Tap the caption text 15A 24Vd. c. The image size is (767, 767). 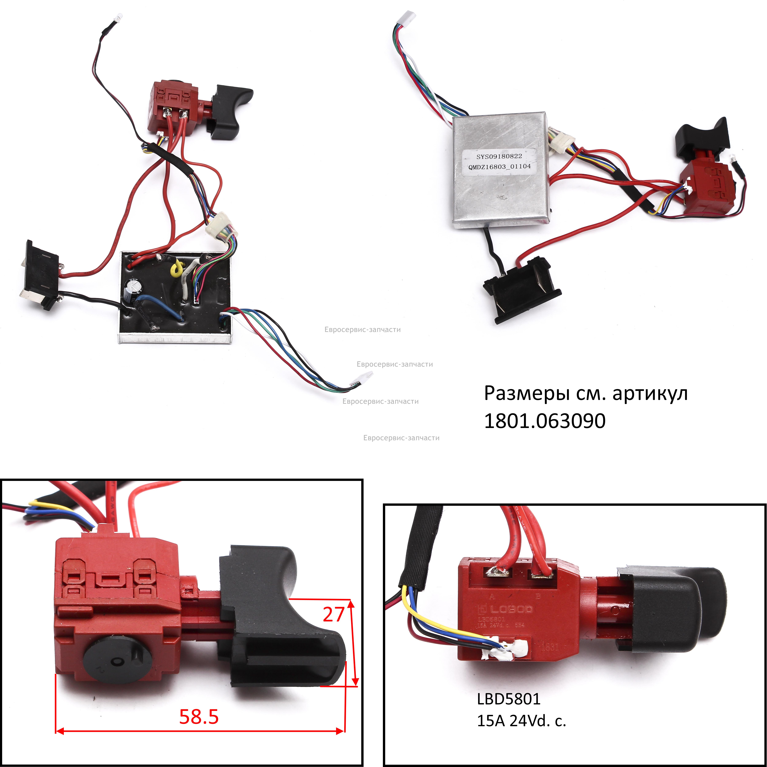pos(521,721)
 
